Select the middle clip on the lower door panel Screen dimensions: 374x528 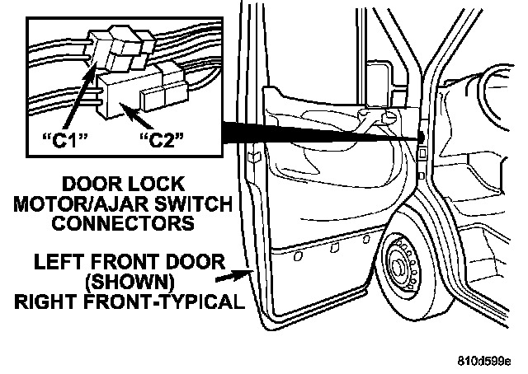(335, 247)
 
